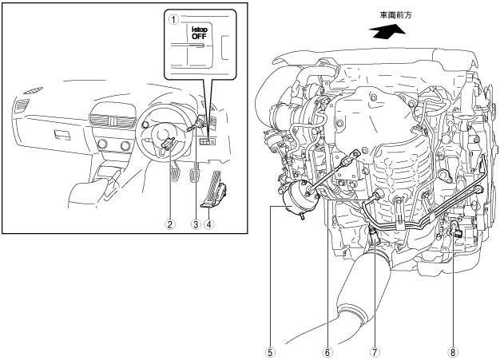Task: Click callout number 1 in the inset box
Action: pyautogui.click(x=174, y=20)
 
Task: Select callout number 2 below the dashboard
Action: pyautogui.click(x=170, y=224)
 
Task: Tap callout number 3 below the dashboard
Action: pyautogui.click(x=195, y=224)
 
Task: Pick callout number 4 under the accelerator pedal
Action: pyautogui.click(x=208, y=224)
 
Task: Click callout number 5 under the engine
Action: pyautogui.click(x=271, y=352)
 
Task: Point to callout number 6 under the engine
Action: pyautogui.click(x=327, y=352)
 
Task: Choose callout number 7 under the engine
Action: pyautogui.click(x=374, y=352)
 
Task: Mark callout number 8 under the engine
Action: pyautogui.click(x=453, y=352)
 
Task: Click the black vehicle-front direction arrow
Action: pyautogui.click(x=387, y=32)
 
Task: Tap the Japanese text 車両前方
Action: pyautogui.click(x=395, y=15)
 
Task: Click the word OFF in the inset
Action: pyautogui.click(x=199, y=36)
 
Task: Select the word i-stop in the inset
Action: pyautogui.click(x=199, y=30)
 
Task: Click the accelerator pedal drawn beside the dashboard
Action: pyautogui.click(x=214, y=190)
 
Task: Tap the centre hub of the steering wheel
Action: pyautogui.click(x=163, y=134)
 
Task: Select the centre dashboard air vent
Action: pyautogui.click(x=112, y=121)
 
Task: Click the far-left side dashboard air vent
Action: pyautogui.click(x=21, y=106)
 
